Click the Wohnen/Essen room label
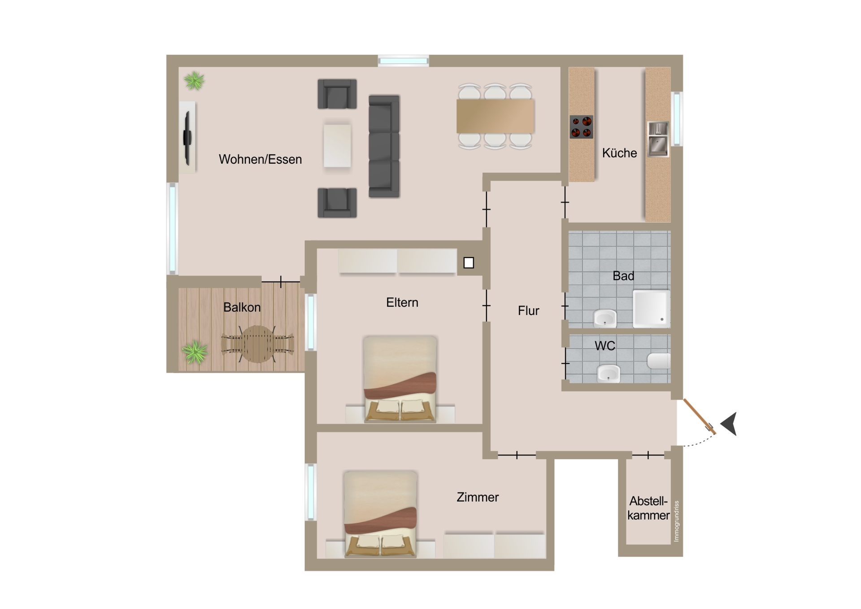coord(260,159)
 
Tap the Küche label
coord(619,153)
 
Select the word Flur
coord(528,311)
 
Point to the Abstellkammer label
coord(648,508)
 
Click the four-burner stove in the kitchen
coord(582,127)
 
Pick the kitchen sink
coord(658,140)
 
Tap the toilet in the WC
coord(659,361)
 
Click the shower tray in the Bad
coord(652,309)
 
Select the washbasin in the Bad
coord(605,318)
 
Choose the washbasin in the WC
coord(609,373)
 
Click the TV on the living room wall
coord(187,138)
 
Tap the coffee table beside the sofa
coord(337,145)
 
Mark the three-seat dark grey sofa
coord(384,146)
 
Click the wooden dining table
coord(495,116)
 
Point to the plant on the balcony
coord(195,352)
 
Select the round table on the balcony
coord(257,344)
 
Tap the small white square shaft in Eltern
coord(469,263)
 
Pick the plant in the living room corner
coord(194,81)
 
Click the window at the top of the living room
coord(403,61)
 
